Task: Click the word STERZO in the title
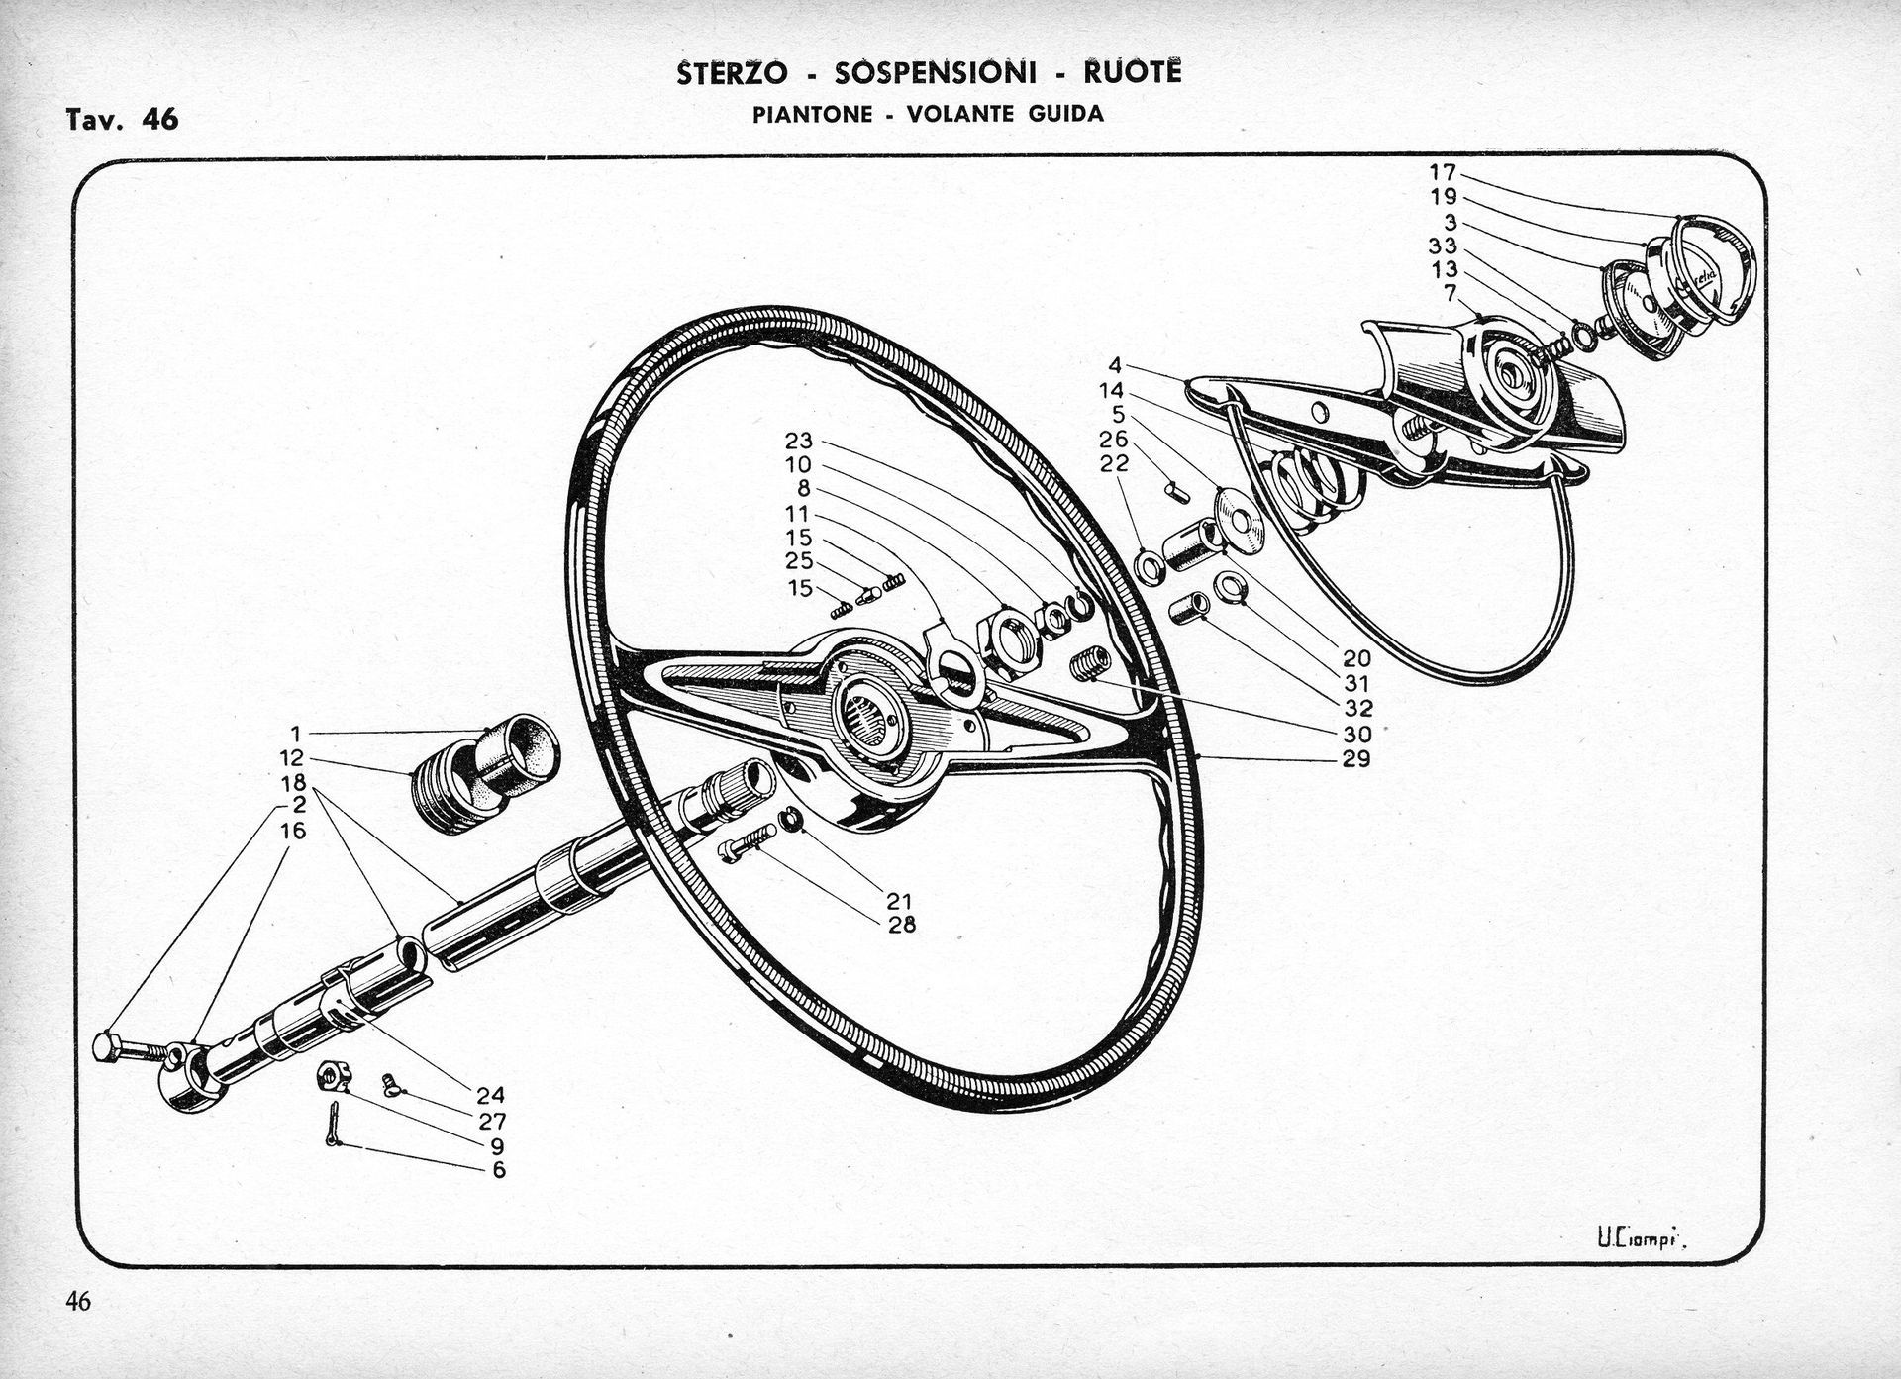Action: [x=733, y=74]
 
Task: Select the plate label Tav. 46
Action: [x=123, y=120]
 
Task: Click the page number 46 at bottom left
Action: [x=78, y=1301]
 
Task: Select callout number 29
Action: [x=1356, y=759]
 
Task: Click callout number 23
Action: [x=799, y=441]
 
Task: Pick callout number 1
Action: [x=295, y=734]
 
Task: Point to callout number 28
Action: [x=902, y=925]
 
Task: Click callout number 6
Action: [x=499, y=1170]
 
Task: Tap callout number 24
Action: [x=491, y=1095]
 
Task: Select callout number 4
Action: [x=1116, y=365]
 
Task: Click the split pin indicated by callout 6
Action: [x=334, y=1126]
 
